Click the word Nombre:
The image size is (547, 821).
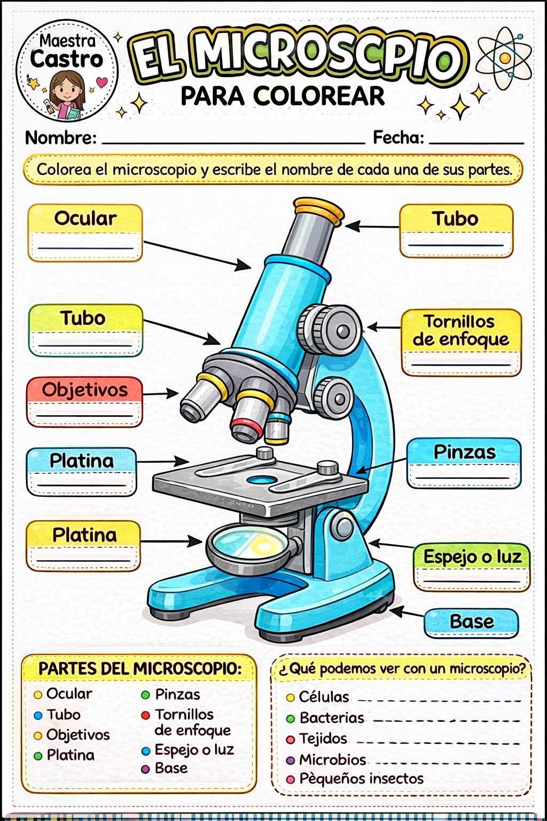[x=61, y=138]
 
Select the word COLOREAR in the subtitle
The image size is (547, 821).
[x=319, y=96]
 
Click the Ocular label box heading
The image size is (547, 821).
[x=85, y=219]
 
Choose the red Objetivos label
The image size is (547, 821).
[x=84, y=390]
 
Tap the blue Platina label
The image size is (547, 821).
[x=81, y=461]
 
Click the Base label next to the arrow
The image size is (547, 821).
[x=472, y=622]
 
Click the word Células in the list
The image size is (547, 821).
[x=324, y=697]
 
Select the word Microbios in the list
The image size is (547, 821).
[x=332, y=760]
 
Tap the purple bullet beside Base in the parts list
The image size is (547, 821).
[x=145, y=769]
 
